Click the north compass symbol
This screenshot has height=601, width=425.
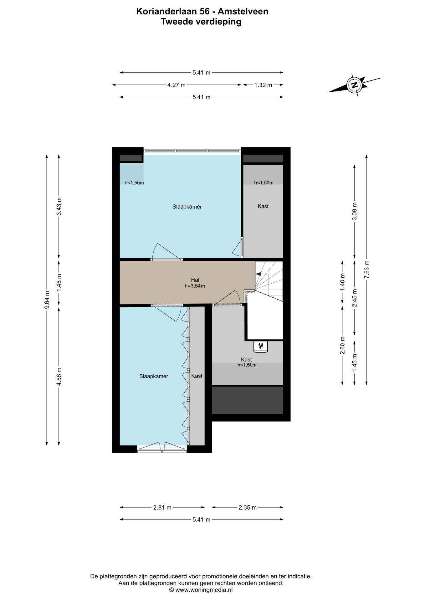[354, 85]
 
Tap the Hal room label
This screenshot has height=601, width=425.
[195, 280]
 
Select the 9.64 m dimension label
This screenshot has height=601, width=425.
[47, 300]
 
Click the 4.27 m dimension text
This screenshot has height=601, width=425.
[177, 85]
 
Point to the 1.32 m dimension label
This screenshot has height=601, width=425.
[263, 85]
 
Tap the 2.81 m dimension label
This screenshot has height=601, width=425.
[162, 507]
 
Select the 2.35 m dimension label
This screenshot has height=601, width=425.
[248, 507]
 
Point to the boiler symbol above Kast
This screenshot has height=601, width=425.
[260, 346]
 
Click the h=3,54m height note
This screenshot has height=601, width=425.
[195, 286]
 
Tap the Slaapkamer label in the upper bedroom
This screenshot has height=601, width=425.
[187, 207]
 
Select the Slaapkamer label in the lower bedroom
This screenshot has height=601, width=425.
[154, 376]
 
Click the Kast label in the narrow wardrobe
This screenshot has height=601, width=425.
[197, 376]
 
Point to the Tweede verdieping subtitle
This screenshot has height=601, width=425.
[201, 22]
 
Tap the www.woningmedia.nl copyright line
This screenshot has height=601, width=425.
[201, 590]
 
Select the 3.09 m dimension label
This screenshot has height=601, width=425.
[354, 211]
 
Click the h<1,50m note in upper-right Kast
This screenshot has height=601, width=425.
[264, 183]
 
